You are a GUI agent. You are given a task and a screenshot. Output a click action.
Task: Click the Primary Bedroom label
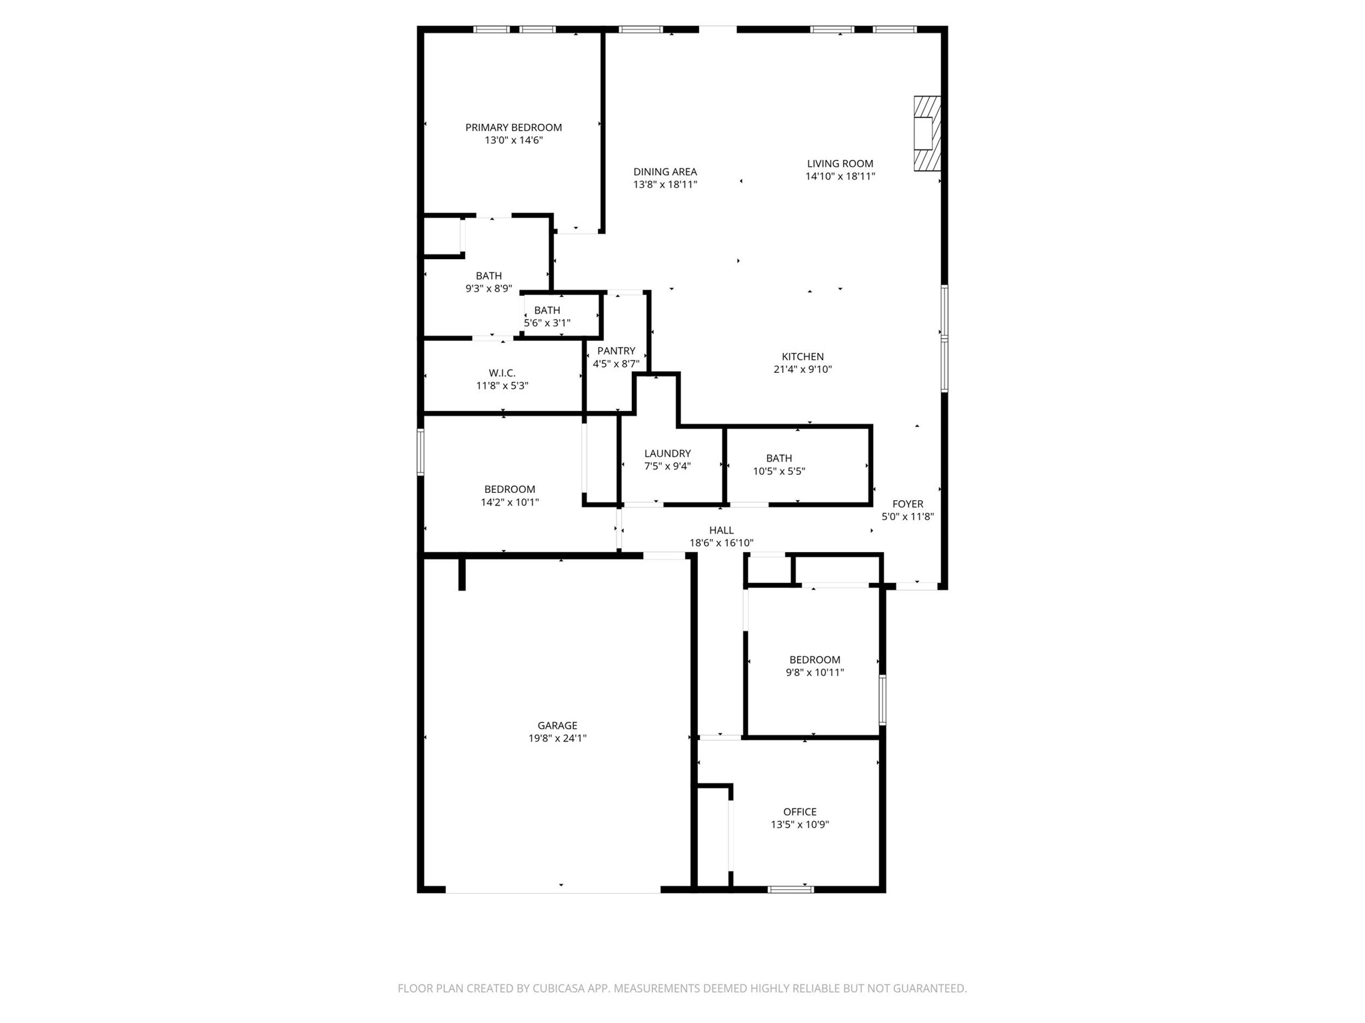pyautogui.click(x=513, y=127)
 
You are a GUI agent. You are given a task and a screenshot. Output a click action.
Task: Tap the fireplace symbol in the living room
pyautogui.click(x=926, y=133)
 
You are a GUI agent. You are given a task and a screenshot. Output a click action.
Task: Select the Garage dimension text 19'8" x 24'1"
pyautogui.click(x=557, y=738)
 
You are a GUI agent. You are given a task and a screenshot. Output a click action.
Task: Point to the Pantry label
pyautogui.click(x=616, y=351)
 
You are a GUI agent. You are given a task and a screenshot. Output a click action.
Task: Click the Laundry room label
pyautogui.click(x=667, y=454)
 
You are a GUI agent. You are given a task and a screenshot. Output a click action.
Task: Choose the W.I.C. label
pyautogui.click(x=502, y=373)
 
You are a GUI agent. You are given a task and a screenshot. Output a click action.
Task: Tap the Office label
pyautogui.click(x=800, y=811)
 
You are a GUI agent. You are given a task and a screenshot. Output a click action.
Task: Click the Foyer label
pyautogui.click(x=908, y=504)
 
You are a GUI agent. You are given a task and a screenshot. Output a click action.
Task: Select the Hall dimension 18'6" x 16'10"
pyautogui.click(x=721, y=543)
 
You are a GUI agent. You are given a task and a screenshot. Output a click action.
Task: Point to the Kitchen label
pyautogui.click(x=802, y=356)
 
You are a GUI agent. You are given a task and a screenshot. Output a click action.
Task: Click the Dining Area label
pyautogui.click(x=665, y=172)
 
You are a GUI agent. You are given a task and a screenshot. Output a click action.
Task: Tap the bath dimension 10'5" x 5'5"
pyautogui.click(x=779, y=471)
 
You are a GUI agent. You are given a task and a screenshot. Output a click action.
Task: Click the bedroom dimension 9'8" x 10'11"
pyautogui.click(x=814, y=672)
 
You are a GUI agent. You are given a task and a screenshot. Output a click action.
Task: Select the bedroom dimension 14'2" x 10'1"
pyautogui.click(x=510, y=502)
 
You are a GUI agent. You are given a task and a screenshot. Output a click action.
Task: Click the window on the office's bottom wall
pyautogui.click(x=790, y=889)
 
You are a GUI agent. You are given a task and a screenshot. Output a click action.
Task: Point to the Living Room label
pyautogui.click(x=840, y=163)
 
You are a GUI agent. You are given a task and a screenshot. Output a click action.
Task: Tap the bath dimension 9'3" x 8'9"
pyautogui.click(x=489, y=288)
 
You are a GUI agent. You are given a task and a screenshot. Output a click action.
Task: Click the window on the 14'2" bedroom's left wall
pyautogui.click(x=421, y=452)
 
